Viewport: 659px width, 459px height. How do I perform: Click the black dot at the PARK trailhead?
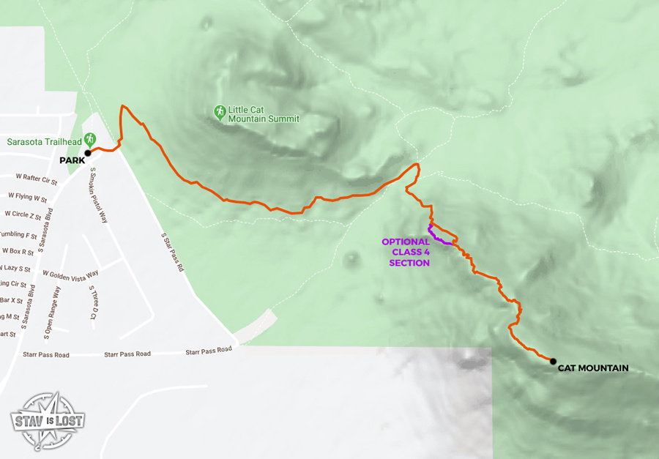(x=87, y=153)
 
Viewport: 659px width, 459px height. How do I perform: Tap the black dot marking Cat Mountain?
(x=553, y=361)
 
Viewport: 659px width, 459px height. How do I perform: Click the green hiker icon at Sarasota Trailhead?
(x=89, y=138)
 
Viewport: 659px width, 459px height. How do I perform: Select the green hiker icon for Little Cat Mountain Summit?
(x=219, y=111)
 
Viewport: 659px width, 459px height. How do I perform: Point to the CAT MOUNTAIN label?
(x=593, y=368)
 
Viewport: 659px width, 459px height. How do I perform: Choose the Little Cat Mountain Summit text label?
(x=264, y=114)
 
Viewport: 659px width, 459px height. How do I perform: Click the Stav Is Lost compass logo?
(x=48, y=420)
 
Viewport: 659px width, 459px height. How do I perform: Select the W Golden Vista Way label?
(x=70, y=275)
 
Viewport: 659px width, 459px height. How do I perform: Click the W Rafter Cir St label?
(x=36, y=179)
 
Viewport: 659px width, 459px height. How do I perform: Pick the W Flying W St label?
(x=27, y=198)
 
